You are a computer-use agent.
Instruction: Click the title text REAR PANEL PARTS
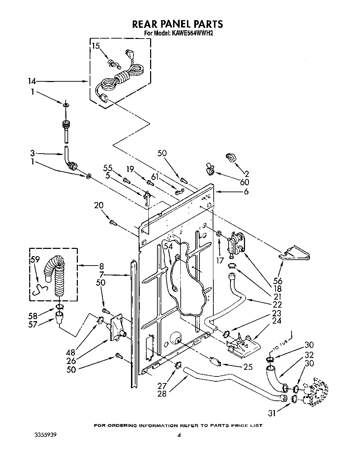[x=177, y=24]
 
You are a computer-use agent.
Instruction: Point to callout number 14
[x=32, y=81]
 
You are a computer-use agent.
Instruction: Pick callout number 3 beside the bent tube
[x=32, y=153]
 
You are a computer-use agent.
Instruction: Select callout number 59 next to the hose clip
[x=35, y=259]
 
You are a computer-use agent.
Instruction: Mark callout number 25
[x=248, y=367]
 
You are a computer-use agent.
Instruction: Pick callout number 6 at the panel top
[x=246, y=191]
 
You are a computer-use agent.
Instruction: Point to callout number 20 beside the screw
[x=99, y=206]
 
